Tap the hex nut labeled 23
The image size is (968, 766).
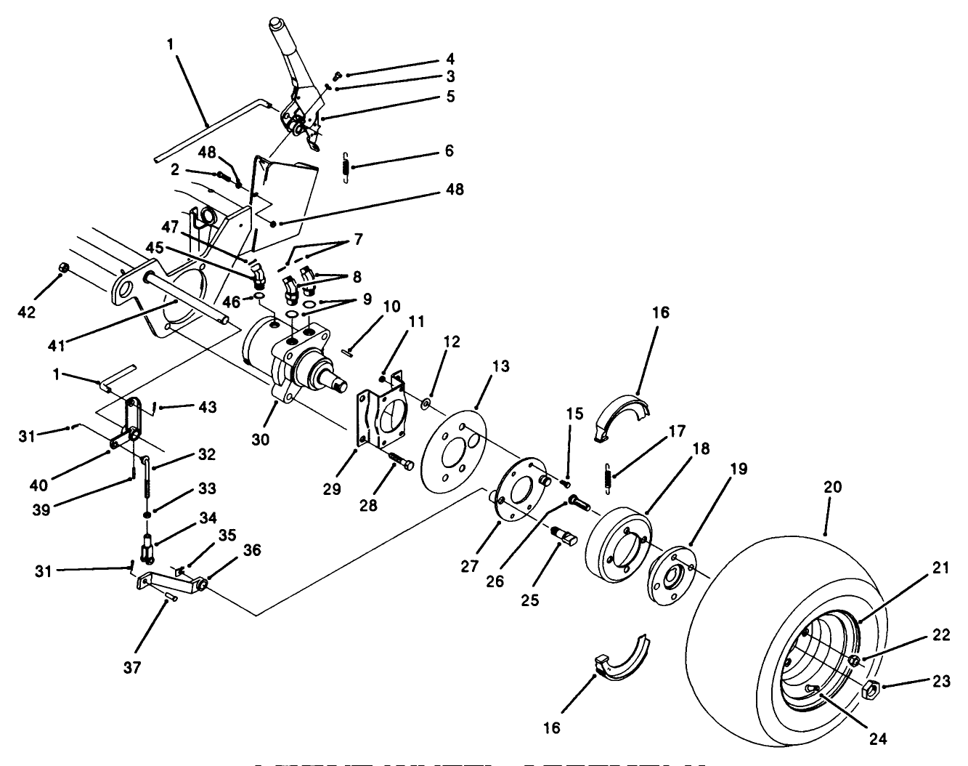[x=871, y=689]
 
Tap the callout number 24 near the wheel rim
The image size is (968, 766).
[x=879, y=740]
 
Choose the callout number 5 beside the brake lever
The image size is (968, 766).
[x=450, y=97]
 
